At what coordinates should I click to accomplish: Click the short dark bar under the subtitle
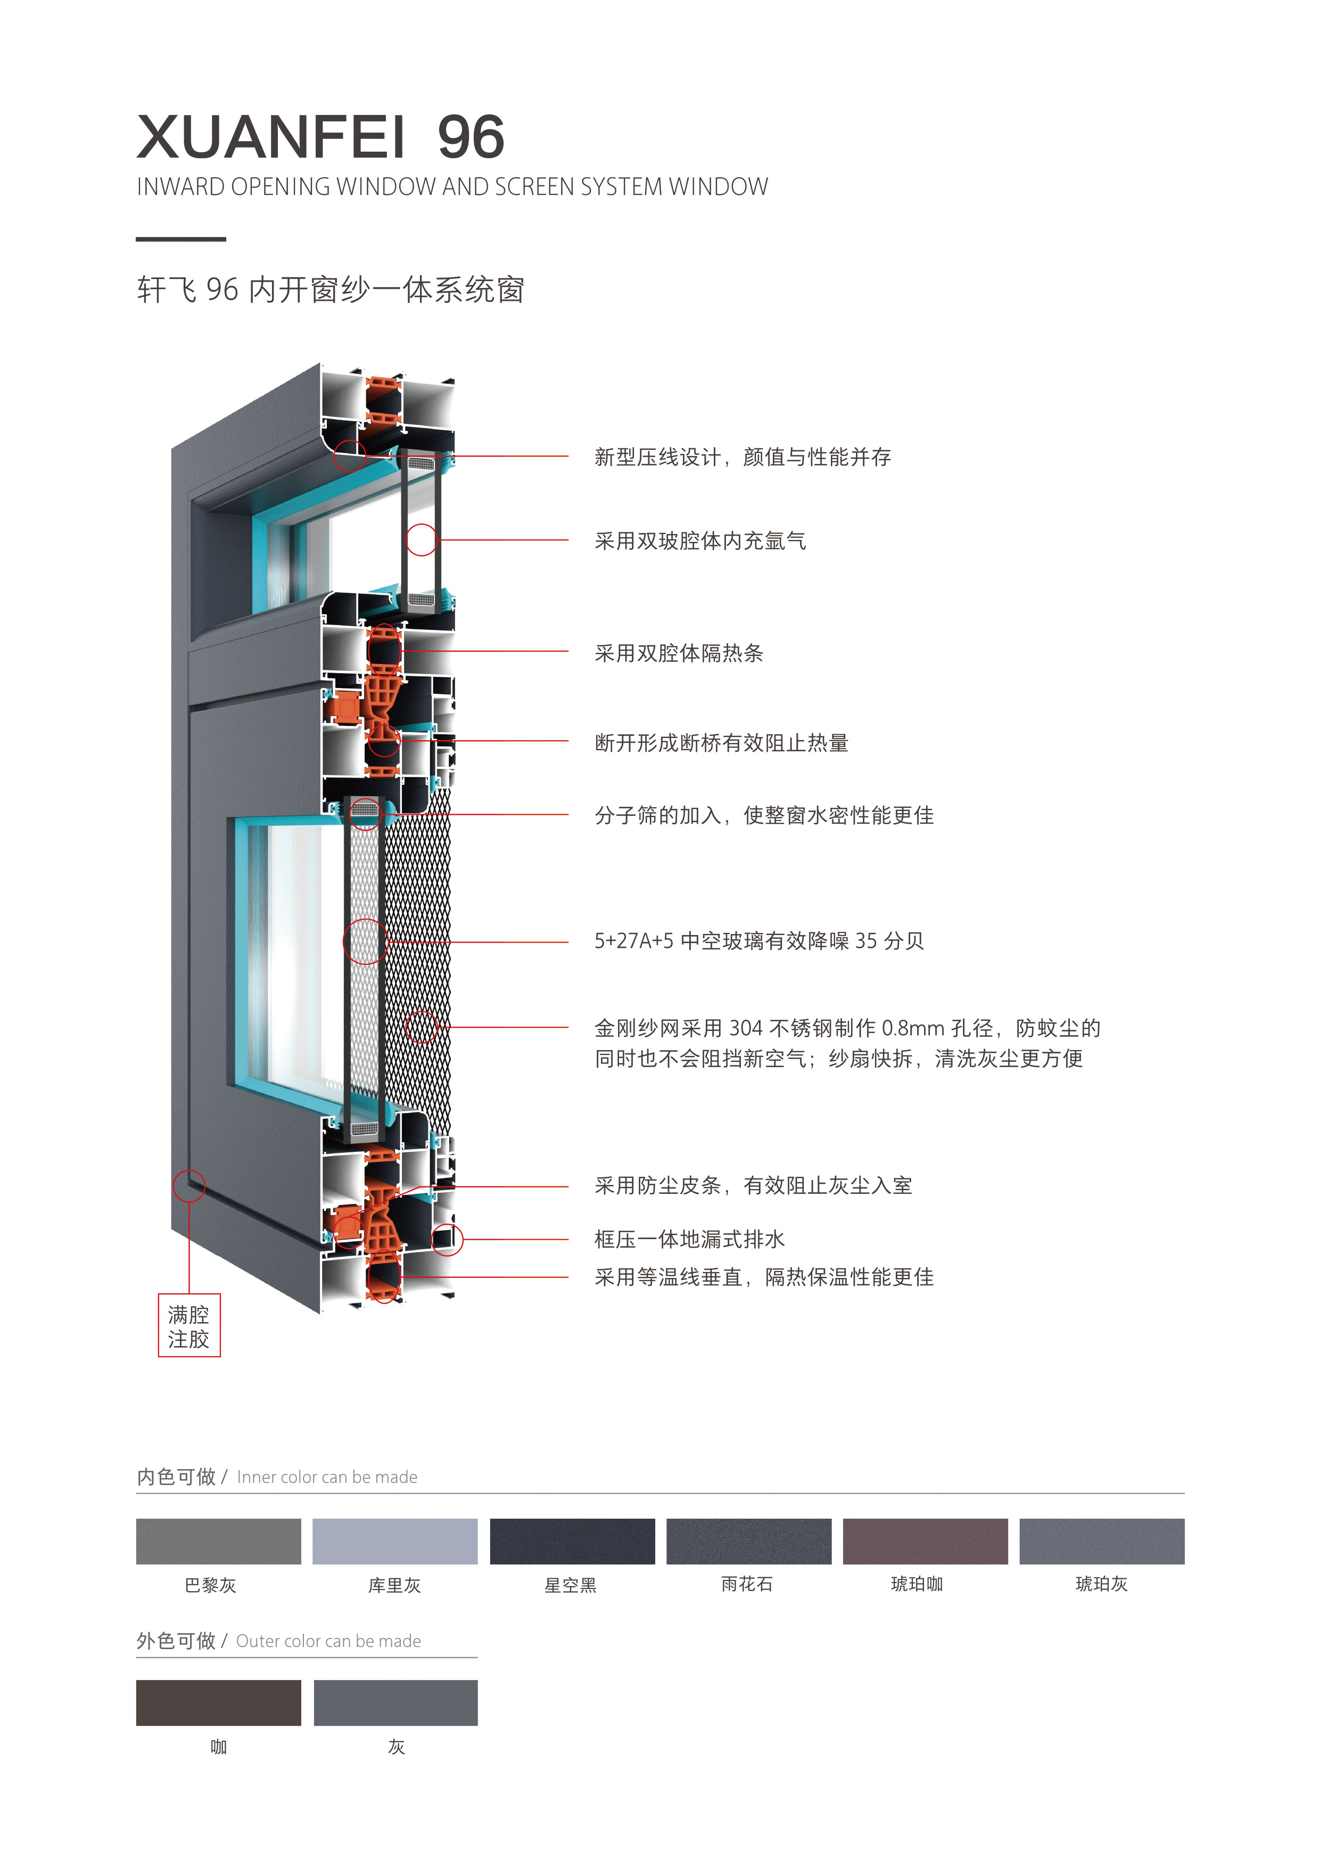[x=180, y=239]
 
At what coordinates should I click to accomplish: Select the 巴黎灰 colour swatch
[x=218, y=1541]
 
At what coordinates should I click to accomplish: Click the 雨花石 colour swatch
[x=748, y=1541]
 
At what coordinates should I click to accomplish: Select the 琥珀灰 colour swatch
[x=1101, y=1541]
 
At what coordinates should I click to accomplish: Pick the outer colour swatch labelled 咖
[x=218, y=1703]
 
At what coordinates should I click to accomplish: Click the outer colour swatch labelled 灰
[x=395, y=1703]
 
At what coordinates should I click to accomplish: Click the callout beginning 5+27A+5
[x=759, y=941]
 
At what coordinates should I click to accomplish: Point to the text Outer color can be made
[x=328, y=1642]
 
